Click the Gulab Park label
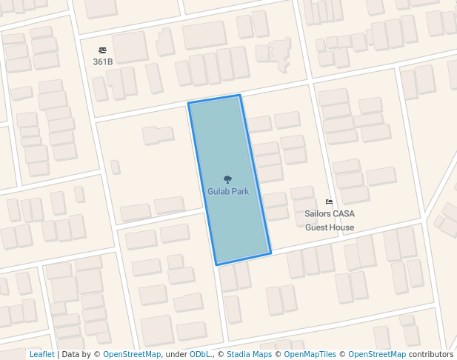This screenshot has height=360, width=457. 227,191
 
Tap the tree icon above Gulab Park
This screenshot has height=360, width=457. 227,179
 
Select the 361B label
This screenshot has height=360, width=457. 102,61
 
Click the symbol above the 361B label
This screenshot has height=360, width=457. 102,50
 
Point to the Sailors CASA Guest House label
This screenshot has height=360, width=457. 330,220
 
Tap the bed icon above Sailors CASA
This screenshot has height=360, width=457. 330,201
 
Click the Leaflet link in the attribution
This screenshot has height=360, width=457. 41,355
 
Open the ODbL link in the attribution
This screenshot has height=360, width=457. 199,355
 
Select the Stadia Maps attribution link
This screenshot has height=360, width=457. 249,355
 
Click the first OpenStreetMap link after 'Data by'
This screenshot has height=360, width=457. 132,355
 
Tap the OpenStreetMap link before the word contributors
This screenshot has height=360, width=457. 377,355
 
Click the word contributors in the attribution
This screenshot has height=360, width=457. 431,355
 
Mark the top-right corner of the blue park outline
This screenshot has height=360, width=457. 239,96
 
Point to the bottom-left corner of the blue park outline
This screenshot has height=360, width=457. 216,264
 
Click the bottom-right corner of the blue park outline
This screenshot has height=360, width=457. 270,253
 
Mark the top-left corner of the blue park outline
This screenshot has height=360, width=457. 188,103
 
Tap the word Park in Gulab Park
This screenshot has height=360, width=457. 239,191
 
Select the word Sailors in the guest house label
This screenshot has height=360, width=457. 318,214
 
